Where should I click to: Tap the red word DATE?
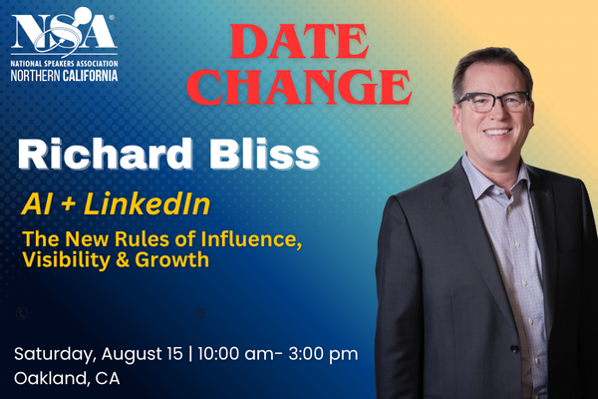299,42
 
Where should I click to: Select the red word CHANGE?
299,87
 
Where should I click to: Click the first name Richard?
106,154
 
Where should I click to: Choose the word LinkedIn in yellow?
147,203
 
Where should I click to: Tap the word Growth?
172,259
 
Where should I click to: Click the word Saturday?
54,354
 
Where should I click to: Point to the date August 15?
142,354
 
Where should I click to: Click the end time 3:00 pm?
323,354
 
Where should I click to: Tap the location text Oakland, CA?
67,378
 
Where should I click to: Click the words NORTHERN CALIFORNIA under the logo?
64,75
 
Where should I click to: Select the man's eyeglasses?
493,102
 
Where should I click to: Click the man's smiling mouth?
497,132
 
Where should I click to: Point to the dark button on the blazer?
514,348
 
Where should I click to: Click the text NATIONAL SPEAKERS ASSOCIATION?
64,64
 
